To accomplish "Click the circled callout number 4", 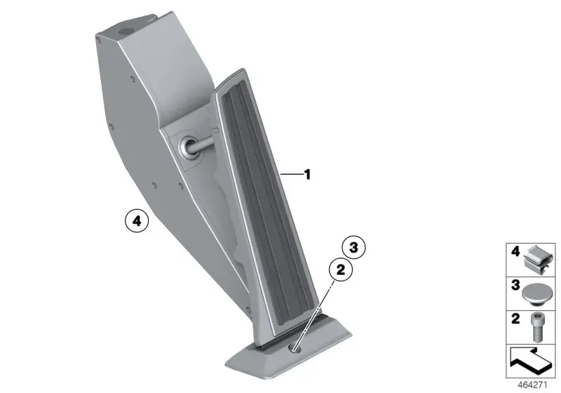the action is (x=137, y=222).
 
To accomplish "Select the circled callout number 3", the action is (x=353, y=247).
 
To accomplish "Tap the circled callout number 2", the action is (x=341, y=269).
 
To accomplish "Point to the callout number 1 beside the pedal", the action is (x=307, y=175).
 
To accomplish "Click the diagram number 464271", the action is (x=532, y=385).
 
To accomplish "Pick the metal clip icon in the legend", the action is (x=538, y=260).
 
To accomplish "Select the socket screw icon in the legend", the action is (x=536, y=327).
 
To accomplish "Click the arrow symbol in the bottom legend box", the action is (x=531, y=361).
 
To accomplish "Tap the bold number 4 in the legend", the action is (x=515, y=252).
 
